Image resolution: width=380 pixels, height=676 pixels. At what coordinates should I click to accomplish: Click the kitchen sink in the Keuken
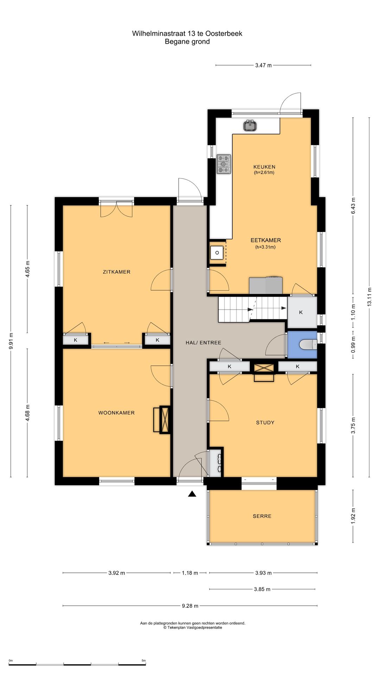point(250,126)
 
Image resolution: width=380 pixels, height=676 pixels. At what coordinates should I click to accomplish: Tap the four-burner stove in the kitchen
point(224,164)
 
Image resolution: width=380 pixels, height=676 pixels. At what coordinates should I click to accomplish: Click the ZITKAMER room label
point(116,272)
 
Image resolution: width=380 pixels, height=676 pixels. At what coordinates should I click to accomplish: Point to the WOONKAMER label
point(116,413)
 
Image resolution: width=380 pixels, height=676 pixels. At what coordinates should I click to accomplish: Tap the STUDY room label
point(265,423)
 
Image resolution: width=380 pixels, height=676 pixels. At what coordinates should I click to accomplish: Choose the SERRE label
point(262,516)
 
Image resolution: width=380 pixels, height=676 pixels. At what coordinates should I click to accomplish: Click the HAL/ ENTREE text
point(203,343)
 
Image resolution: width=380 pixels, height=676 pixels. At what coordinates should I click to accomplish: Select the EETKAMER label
point(266,240)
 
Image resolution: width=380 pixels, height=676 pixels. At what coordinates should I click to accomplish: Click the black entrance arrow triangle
point(192,494)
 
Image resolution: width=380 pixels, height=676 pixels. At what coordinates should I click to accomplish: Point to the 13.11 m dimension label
point(369,297)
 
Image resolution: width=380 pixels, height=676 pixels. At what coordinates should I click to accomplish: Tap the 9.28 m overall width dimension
point(190,606)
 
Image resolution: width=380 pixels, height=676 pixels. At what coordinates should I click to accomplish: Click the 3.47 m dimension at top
point(264,65)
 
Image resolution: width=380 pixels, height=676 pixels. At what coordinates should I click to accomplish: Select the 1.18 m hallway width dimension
point(190,573)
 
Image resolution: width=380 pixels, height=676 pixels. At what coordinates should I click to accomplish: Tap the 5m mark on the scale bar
point(144,661)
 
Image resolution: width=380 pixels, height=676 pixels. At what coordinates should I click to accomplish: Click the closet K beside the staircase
point(301,312)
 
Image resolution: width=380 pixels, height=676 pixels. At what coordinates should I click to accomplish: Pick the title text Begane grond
point(187,42)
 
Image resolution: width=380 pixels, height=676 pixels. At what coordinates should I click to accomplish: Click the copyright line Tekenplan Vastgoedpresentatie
point(192,627)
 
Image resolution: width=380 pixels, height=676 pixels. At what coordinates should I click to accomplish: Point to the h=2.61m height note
point(264,173)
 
